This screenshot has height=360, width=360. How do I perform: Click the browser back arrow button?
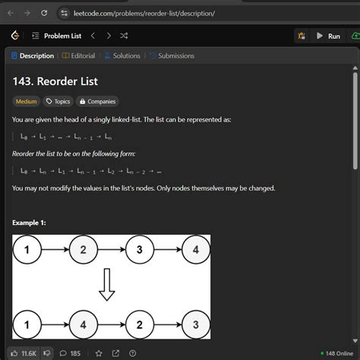10,13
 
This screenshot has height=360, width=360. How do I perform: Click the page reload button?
44,13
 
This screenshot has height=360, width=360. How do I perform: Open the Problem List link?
62,36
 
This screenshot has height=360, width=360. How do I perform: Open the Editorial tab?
79,55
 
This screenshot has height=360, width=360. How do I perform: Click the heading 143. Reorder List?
55,81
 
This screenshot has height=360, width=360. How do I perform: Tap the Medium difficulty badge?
26,101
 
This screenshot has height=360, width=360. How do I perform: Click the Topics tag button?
58,101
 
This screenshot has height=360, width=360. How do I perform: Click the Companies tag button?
98,101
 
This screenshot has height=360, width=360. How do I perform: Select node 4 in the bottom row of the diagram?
83,324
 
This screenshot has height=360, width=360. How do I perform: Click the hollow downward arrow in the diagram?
107,286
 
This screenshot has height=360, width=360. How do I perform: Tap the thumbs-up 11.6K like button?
24,353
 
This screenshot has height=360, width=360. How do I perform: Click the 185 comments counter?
71,353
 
